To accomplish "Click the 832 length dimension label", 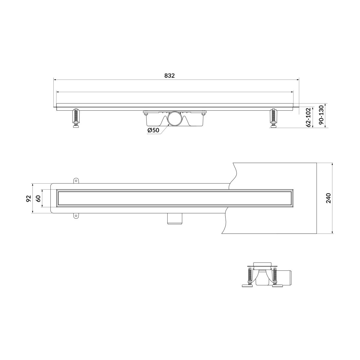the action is tap(169, 76).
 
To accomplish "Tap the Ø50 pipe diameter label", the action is tap(153, 130).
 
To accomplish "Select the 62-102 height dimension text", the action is tap(309, 117).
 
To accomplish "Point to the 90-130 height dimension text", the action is tap(321, 115).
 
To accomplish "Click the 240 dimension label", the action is tap(328, 198).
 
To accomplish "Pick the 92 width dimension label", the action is tap(28, 198).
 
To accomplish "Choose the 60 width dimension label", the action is tap(38, 198).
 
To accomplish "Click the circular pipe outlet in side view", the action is tap(174, 118).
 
